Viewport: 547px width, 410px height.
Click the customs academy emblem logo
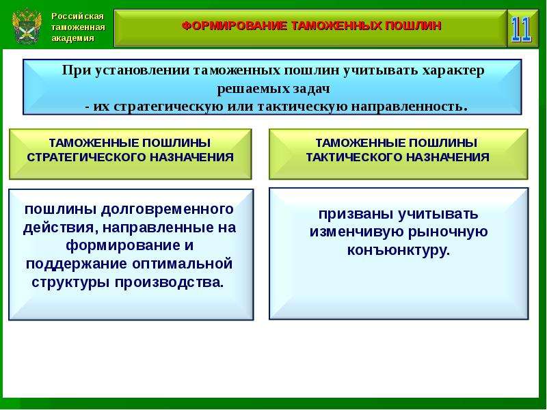coord(27,27)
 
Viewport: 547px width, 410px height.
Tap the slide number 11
coord(521,29)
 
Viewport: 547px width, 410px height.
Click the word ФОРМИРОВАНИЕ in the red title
coord(235,26)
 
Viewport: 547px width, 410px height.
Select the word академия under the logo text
coord(73,38)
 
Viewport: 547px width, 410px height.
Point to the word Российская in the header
coord(77,16)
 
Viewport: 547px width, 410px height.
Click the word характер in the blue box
coord(453,70)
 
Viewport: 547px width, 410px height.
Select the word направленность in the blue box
coord(409,107)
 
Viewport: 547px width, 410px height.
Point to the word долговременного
coord(167,209)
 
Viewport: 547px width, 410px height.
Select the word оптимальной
coord(182,263)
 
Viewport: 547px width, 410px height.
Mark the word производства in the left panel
coord(169,282)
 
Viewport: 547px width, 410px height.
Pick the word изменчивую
coord(356,232)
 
